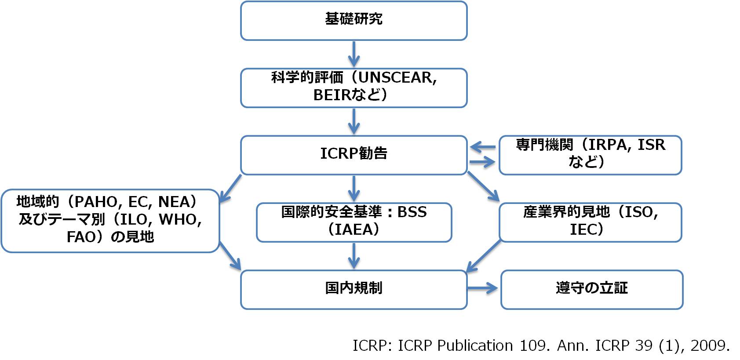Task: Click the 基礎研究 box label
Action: [x=354, y=19]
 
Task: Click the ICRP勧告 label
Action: [x=354, y=153]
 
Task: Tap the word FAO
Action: [x=81, y=237]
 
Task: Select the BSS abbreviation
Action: [x=412, y=212]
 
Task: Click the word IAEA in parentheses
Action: [x=354, y=229]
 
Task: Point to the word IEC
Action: [x=584, y=229]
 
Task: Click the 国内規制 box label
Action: [x=354, y=288]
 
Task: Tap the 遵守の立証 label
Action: [x=591, y=288]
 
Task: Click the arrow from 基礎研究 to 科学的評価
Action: [x=354, y=54]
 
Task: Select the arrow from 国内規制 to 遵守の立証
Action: [x=483, y=288]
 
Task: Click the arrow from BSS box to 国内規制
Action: [x=354, y=255]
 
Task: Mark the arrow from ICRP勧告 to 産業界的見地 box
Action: [x=483, y=186]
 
